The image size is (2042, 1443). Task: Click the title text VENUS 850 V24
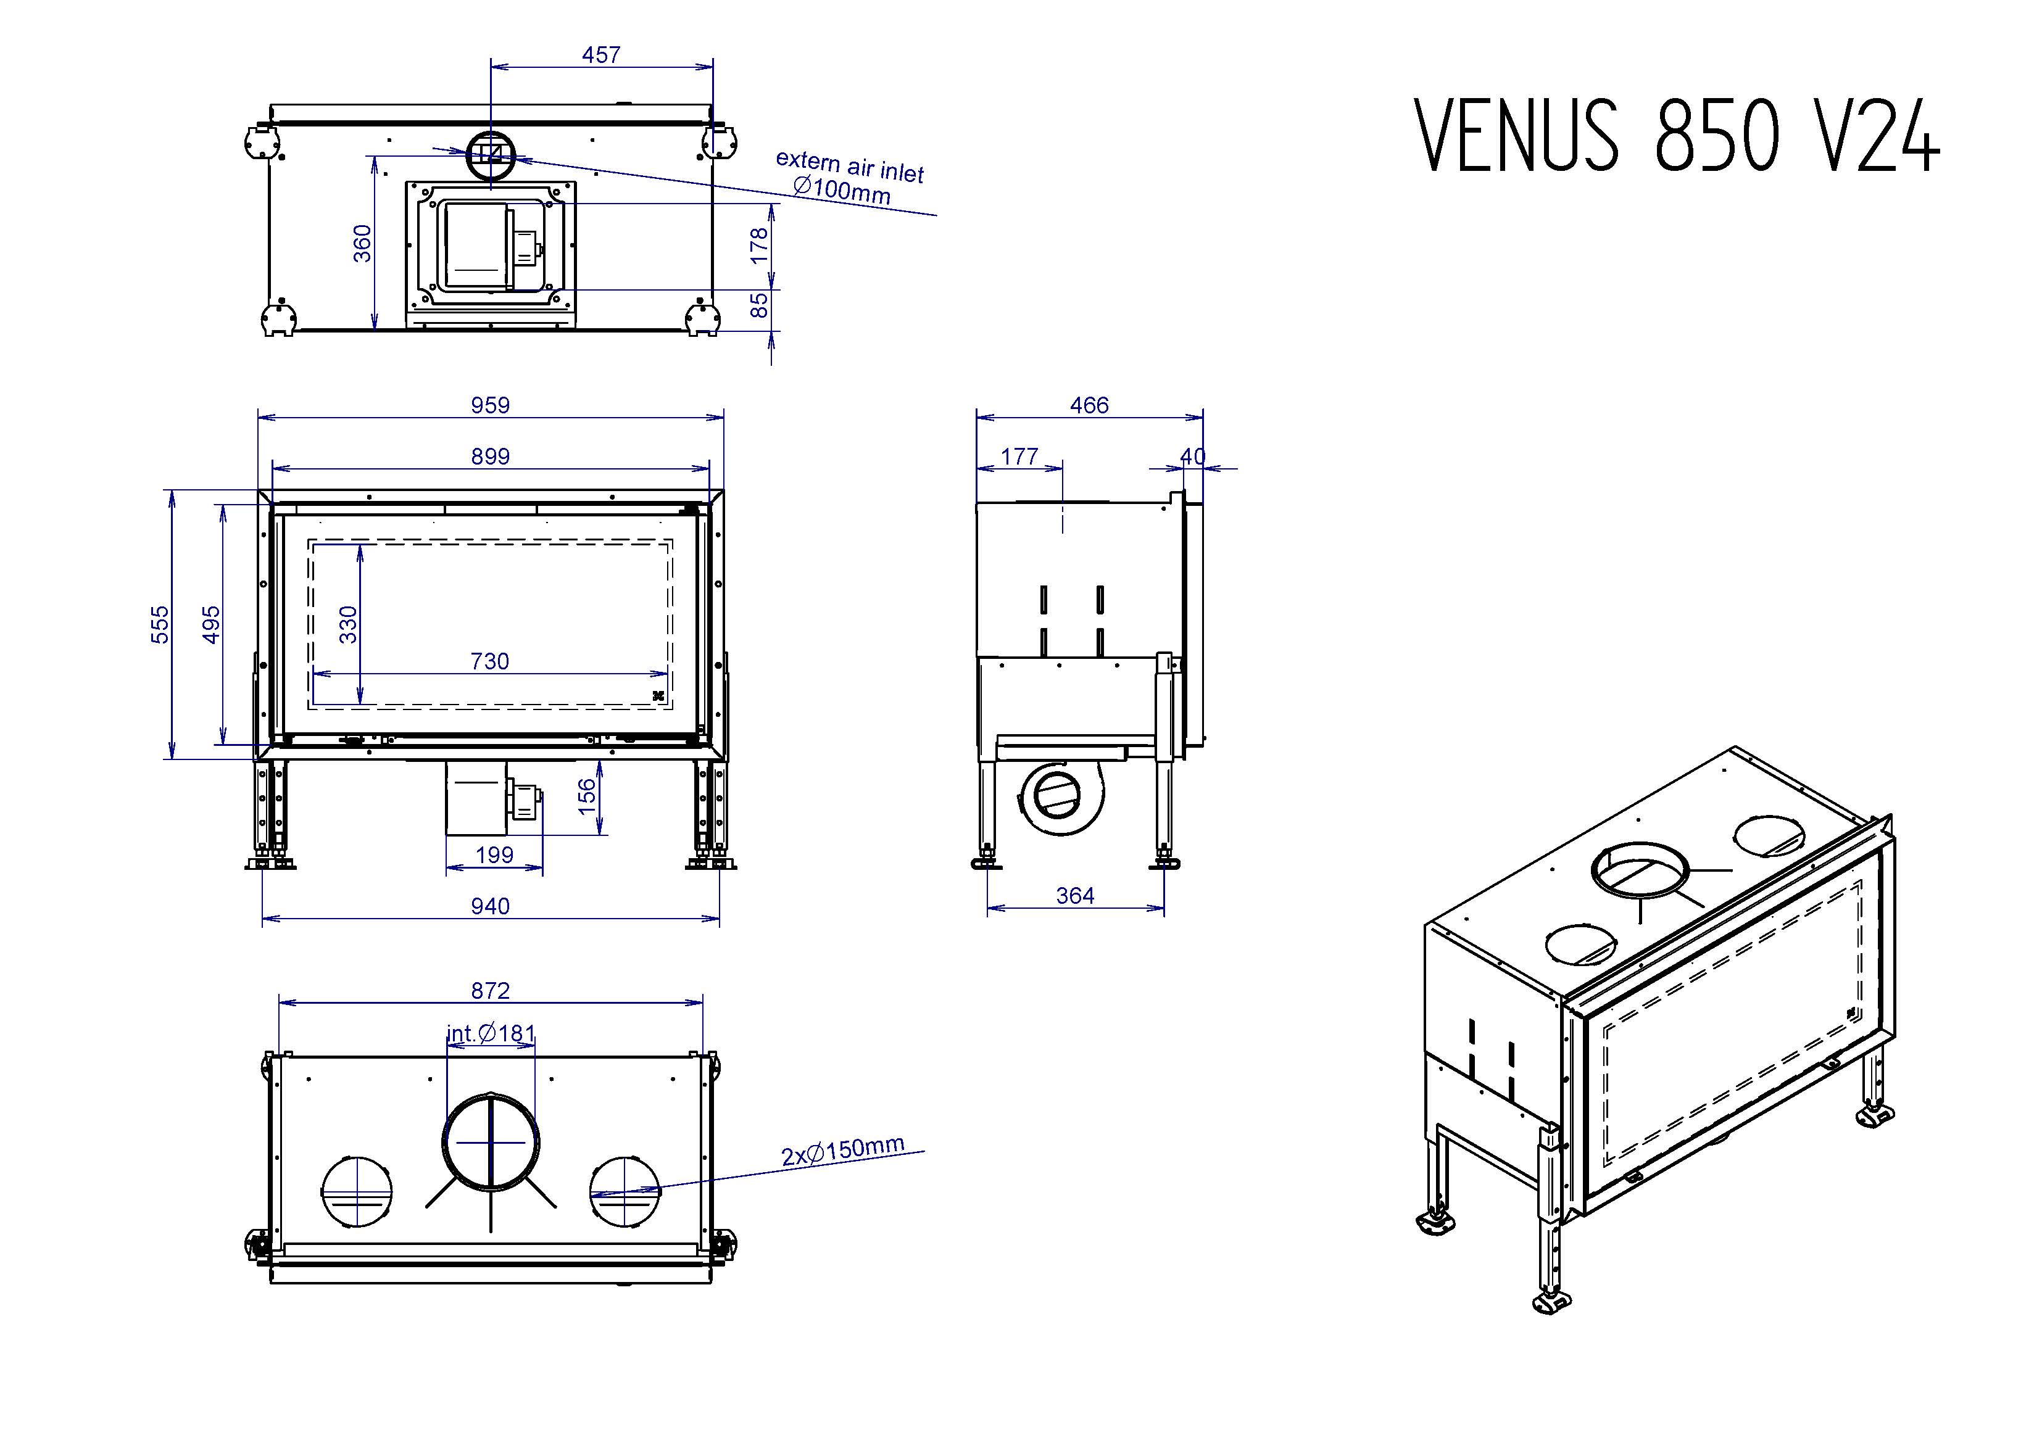tap(1677, 135)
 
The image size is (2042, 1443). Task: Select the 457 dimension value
tap(601, 55)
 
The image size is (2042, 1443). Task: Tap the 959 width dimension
tap(490, 405)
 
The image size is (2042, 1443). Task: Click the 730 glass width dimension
tap(490, 661)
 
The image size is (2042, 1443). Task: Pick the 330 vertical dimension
tap(349, 624)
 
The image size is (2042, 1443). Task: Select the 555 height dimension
tap(159, 624)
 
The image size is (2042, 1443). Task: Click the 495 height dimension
tap(212, 624)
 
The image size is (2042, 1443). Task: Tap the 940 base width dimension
tap(490, 906)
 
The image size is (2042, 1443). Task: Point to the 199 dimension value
tap(494, 855)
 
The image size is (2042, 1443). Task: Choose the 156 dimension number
tap(587, 796)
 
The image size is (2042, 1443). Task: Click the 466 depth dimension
tap(1089, 405)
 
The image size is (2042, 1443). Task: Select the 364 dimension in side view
tap(1074, 896)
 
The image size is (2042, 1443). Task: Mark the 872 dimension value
tap(490, 990)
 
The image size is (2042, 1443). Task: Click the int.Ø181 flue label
tap(491, 1033)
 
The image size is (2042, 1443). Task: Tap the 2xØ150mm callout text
tap(842, 1151)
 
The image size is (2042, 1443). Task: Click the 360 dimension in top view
tap(363, 244)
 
